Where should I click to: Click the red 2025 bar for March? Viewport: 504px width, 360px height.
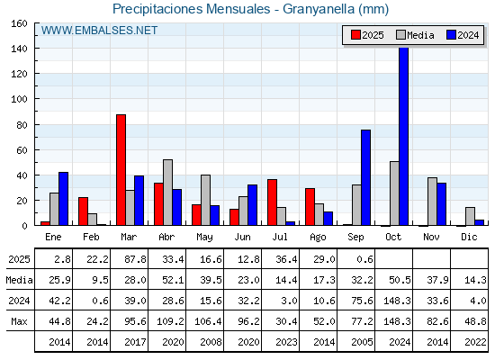coord(121,170)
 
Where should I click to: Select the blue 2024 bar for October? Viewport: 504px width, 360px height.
coord(404,136)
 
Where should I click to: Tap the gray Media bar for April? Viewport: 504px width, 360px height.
coord(167,193)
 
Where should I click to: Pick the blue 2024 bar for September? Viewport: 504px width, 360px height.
coord(365,177)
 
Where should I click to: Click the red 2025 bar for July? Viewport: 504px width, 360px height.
coord(272,202)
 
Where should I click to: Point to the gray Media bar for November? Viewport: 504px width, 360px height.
coord(432,202)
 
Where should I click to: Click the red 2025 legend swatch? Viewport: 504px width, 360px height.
coord(355,35)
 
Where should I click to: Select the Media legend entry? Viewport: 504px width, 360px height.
coord(415,35)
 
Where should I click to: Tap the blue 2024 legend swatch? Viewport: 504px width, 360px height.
coord(451,35)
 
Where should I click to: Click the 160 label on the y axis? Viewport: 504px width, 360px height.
coord(19,23)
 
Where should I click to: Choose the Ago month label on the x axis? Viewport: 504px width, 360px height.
coord(318,238)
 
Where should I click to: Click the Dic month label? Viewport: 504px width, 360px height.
coord(469,237)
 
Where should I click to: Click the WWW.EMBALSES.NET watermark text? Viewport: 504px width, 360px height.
coord(99,31)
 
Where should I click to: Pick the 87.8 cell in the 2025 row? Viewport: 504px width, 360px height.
coord(135,259)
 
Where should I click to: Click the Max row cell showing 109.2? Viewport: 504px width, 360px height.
coord(170,321)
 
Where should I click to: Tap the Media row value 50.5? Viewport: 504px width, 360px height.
coord(400,280)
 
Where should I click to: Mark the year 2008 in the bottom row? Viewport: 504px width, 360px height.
coord(211,342)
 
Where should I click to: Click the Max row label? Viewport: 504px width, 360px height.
coord(19,321)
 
